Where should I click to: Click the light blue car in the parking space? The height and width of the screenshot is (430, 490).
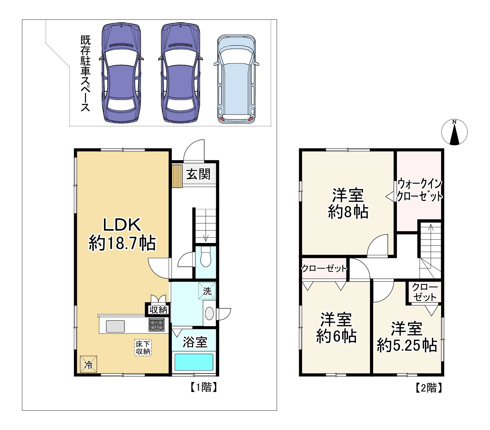(236, 79)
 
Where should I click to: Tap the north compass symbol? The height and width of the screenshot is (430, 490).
(454, 132)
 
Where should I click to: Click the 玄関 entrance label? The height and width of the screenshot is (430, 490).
(198, 174)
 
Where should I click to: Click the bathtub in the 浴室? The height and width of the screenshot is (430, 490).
(194, 362)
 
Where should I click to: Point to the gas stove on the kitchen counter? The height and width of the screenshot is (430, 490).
(156, 325)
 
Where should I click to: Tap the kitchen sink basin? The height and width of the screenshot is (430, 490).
(115, 326)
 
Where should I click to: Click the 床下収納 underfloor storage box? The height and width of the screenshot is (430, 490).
(143, 347)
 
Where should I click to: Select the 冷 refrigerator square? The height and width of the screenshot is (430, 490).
(89, 364)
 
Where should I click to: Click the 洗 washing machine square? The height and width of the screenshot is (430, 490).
(207, 291)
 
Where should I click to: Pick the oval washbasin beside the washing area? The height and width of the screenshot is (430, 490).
(209, 313)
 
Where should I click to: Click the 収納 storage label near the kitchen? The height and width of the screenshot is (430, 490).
(158, 310)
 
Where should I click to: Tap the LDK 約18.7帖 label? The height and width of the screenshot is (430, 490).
(122, 234)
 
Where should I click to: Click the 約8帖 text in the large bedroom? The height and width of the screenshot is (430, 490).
(348, 212)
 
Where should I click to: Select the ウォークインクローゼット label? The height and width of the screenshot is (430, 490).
(420, 190)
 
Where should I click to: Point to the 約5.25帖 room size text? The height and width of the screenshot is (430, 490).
(407, 345)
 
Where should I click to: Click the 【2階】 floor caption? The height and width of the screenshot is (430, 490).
(429, 388)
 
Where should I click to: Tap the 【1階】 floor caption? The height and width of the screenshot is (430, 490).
(204, 387)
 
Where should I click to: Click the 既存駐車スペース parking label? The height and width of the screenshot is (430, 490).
(85, 74)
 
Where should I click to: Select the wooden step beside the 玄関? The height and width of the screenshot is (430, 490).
(177, 176)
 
